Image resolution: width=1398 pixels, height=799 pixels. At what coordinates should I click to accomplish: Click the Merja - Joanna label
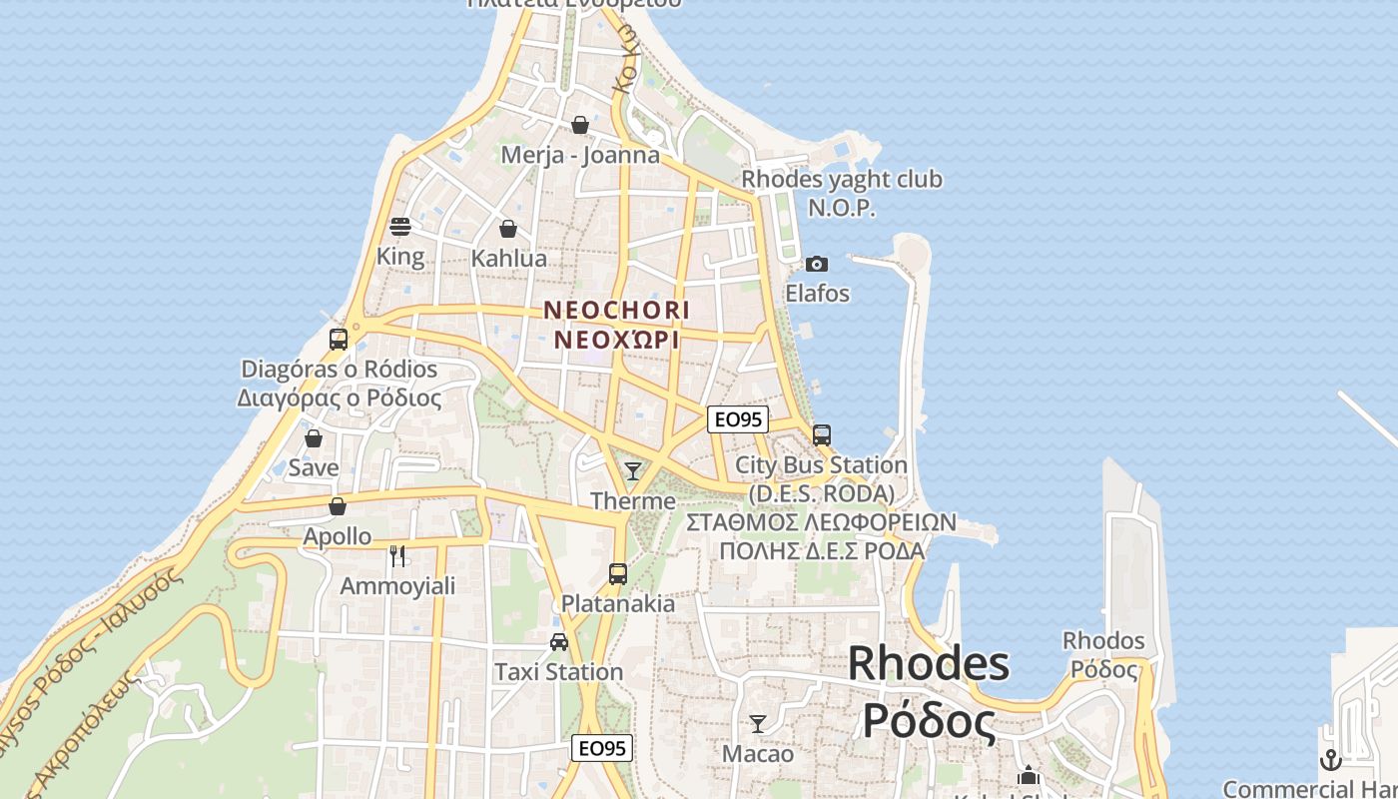[580, 155]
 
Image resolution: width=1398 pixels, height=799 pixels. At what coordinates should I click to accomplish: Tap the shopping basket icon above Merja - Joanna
[580, 126]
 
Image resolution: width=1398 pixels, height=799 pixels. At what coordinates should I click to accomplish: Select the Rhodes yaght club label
[842, 180]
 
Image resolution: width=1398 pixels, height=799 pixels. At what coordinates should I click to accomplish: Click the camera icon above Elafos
[817, 265]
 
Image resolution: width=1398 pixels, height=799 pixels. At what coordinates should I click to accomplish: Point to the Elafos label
[817, 294]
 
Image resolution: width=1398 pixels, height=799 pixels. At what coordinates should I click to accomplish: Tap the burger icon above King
[400, 227]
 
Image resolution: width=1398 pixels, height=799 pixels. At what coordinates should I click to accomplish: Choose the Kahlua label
[509, 259]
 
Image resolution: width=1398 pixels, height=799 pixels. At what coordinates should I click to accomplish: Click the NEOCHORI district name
[616, 311]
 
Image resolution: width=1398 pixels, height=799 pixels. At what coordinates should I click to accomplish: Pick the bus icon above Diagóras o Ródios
[339, 340]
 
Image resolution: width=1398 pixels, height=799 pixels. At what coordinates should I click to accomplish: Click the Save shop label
[314, 467]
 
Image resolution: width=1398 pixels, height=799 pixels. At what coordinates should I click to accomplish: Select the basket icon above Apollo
[338, 507]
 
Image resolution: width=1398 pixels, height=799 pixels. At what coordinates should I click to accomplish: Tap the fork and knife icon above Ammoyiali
[397, 556]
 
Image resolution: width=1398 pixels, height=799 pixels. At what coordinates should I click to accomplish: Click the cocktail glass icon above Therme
[633, 470]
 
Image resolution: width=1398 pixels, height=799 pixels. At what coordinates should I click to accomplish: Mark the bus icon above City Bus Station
[822, 435]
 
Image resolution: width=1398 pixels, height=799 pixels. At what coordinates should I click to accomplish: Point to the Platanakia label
[618, 604]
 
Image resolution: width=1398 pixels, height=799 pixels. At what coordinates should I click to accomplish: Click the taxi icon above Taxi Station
[559, 642]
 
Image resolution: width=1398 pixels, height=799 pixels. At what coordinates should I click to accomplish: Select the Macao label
[758, 754]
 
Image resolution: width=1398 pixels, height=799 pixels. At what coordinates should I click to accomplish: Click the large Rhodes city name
[929, 665]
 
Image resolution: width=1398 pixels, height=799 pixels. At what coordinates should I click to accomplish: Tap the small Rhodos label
[1103, 640]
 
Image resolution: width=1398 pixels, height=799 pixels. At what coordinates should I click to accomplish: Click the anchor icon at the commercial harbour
[1330, 759]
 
